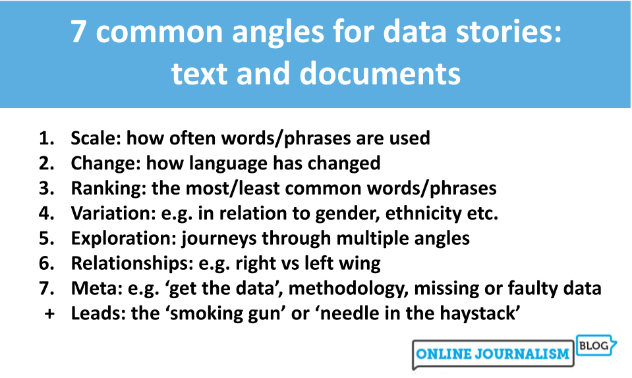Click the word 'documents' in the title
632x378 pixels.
tap(384, 74)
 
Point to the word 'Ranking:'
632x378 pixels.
tap(109, 188)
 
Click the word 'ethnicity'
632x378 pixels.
tap(407, 213)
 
